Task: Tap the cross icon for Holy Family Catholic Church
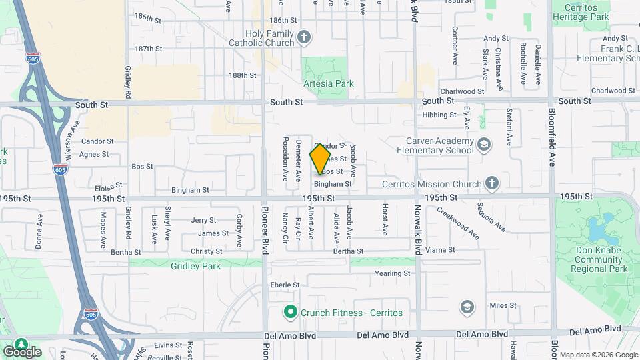[x=304, y=36]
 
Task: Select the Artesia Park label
[x=329, y=84]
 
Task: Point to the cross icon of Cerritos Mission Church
[x=491, y=183]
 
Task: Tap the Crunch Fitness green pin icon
[x=290, y=312]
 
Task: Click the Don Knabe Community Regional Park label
[x=600, y=260]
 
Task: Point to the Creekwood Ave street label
[x=459, y=223]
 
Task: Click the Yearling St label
[x=393, y=273]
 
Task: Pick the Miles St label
[x=503, y=305]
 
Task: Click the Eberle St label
[x=285, y=285]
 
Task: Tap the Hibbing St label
[x=439, y=115]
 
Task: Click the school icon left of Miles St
[x=467, y=307]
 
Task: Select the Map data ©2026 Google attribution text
[x=599, y=355]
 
